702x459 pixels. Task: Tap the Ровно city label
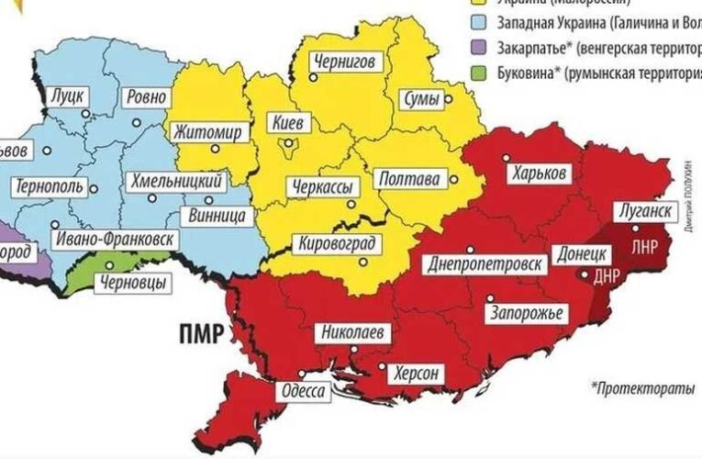(x=145, y=96)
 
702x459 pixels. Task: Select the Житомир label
(x=208, y=133)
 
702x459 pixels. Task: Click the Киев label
(x=293, y=122)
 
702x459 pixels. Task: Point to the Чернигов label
(x=344, y=62)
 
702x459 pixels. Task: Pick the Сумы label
(x=422, y=98)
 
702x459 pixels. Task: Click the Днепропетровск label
(x=486, y=264)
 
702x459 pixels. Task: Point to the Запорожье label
(x=519, y=314)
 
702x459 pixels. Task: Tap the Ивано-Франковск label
(x=114, y=239)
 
